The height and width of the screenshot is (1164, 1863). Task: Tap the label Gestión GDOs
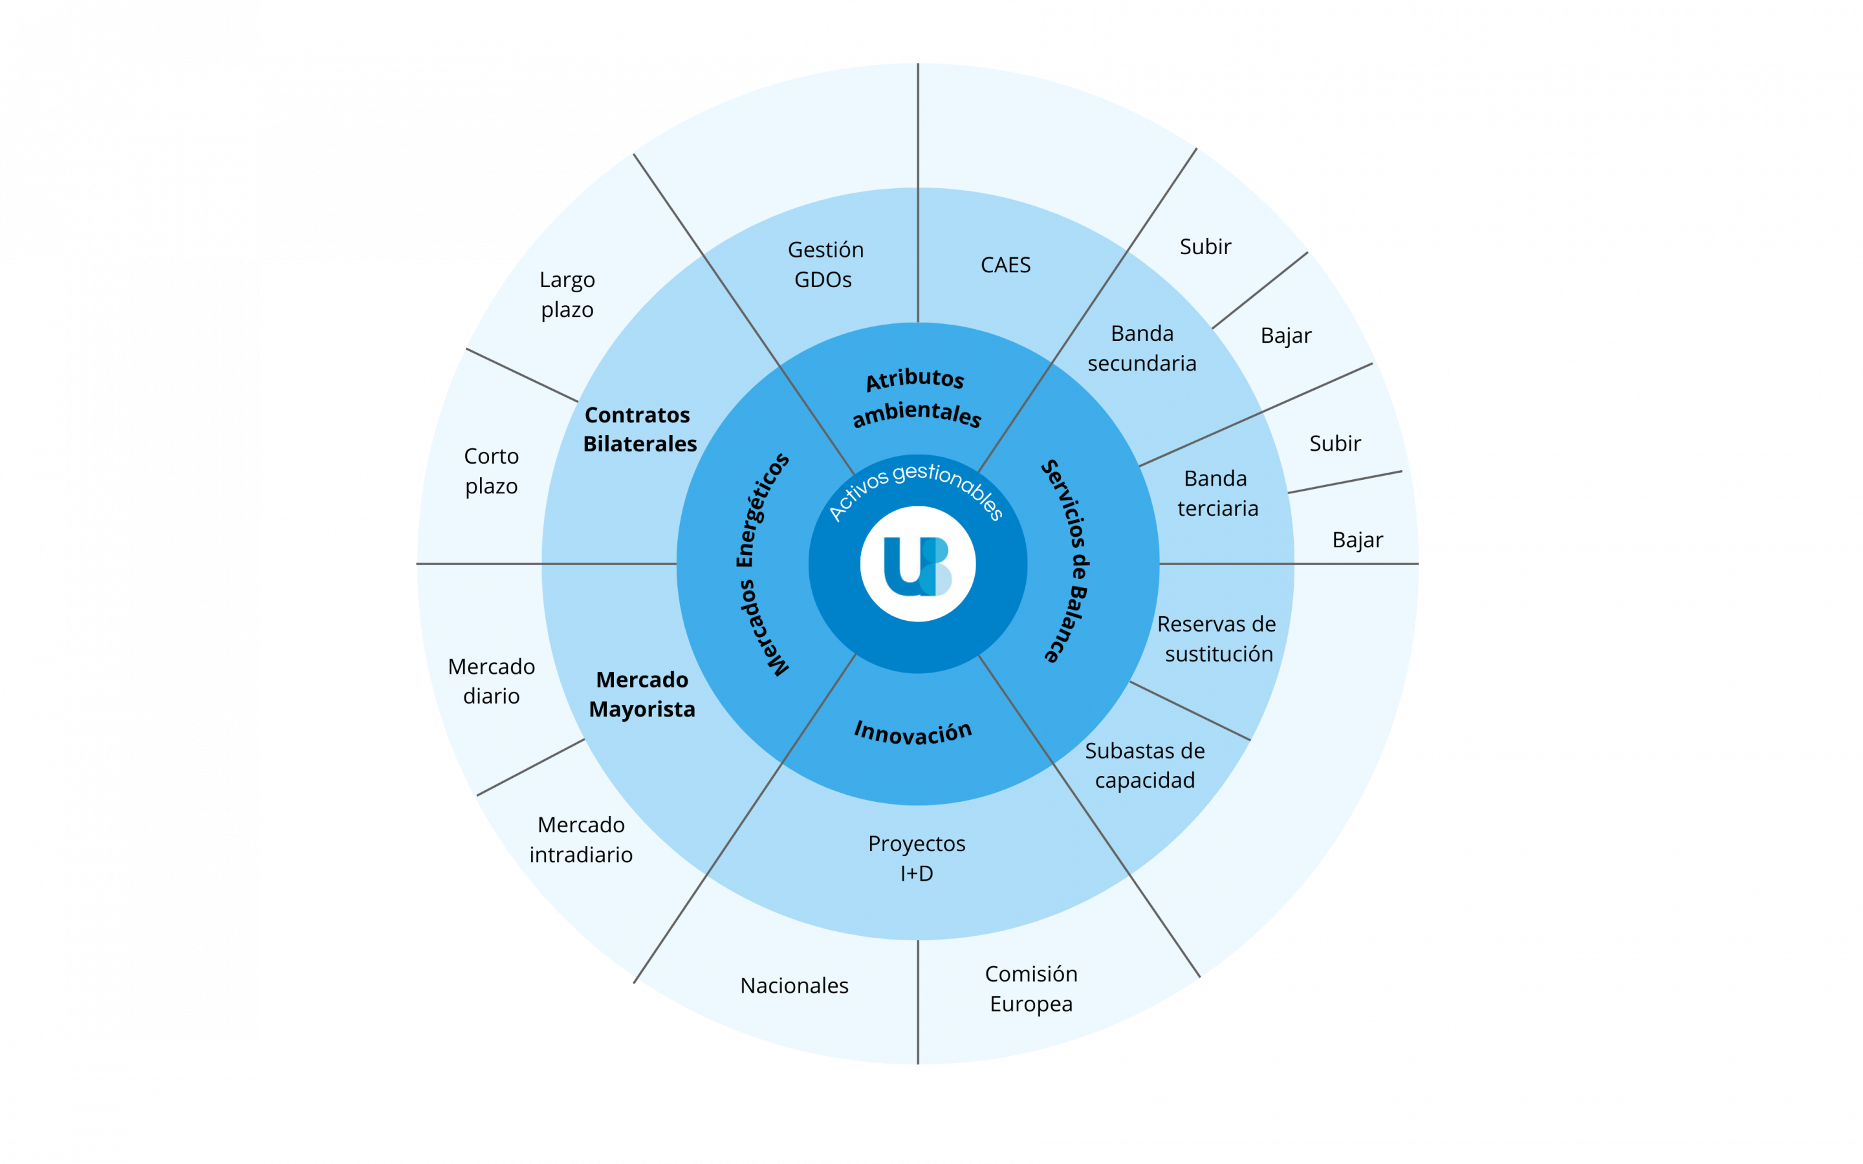[x=825, y=264]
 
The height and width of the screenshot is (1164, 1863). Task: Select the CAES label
[x=1005, y=265]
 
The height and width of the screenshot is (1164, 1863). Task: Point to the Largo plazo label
[x=567, y=294]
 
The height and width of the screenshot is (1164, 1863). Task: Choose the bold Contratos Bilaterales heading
[x=640, y=429]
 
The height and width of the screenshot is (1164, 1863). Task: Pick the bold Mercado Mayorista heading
[x=642, y=694]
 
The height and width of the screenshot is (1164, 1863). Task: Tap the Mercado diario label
[x=491, y=680]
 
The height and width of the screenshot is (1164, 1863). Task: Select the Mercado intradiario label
[x=582, y=839]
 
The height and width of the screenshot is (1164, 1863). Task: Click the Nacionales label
[x=794, y=986]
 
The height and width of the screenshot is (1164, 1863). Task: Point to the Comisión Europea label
[x=1032, y=989]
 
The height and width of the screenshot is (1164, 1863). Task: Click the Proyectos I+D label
[x=917, y=857]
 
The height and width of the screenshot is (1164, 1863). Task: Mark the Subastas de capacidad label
[x=1145, y=765]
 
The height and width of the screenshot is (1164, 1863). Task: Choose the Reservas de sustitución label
[x=1217, y=638]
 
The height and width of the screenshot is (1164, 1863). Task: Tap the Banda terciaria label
[x=1217, y=493]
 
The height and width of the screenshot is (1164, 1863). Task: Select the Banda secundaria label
[x=1142, y=348]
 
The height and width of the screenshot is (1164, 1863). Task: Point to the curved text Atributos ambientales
[x=916, y=397]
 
